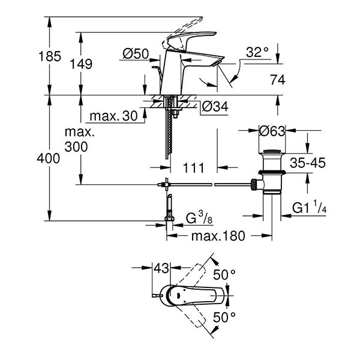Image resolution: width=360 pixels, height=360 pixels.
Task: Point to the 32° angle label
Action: tap(257, 53)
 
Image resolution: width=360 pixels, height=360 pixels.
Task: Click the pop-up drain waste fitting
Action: tap(273, 174)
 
